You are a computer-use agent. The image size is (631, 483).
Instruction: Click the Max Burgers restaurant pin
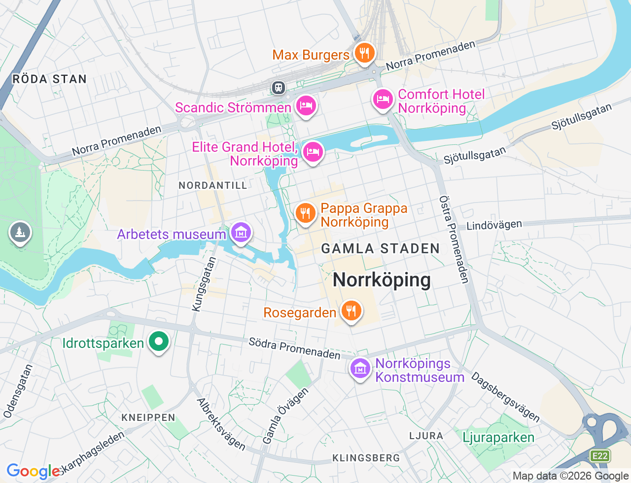pos(364,53)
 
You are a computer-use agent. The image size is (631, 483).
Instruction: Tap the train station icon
pos(279,88)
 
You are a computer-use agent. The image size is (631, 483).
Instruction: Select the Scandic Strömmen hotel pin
pos(306,105)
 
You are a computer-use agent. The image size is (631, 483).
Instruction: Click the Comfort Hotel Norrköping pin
pos(383,100)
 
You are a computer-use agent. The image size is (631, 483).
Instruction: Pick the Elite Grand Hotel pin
pos(313,152)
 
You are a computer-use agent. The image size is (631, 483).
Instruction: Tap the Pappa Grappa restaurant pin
pos(306,213)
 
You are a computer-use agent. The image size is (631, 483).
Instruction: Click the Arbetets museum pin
pos(241,233)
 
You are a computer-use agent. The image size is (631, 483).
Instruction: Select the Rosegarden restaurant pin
pos(351,311)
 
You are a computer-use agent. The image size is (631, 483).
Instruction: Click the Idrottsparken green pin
pos(159,341)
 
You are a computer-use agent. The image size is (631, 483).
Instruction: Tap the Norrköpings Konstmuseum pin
pos(360,368)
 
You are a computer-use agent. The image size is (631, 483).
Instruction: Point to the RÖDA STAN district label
pos(49,79)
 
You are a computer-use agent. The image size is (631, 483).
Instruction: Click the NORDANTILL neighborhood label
pos(213,185)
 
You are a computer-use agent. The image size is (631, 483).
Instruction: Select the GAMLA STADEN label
pos(381,248)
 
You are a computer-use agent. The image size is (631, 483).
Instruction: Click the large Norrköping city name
pos(382,280)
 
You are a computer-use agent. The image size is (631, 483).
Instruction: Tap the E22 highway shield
pos(600,456)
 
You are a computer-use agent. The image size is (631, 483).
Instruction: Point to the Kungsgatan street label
pos(204,284)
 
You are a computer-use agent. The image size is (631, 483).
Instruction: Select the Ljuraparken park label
pos(498,438)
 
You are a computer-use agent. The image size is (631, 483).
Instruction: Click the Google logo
pos(34,471)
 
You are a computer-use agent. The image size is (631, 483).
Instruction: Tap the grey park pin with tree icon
pos(20,232)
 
